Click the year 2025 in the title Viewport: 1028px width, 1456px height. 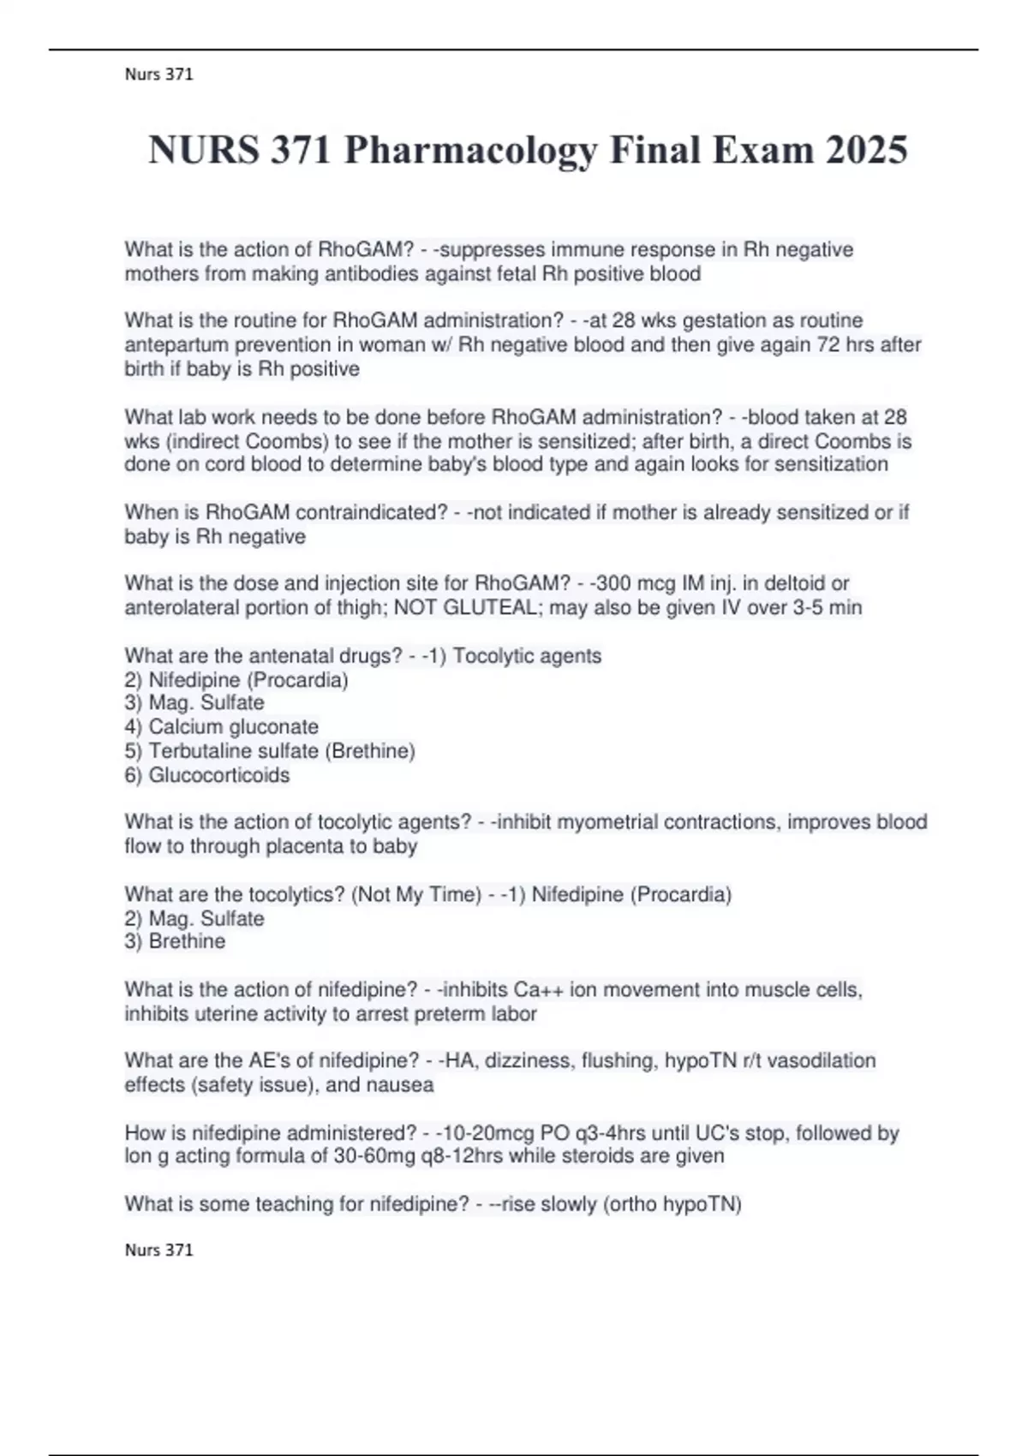point(866,150)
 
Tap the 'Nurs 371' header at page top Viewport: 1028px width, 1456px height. point(158,75)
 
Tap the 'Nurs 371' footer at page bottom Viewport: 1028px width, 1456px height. point(158,1250)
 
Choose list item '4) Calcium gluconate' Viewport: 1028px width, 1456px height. point(221,727)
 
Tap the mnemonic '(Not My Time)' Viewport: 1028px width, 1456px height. point(415,895)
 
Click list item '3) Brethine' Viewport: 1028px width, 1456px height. point(175,941)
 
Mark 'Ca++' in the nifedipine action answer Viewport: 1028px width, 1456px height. point(538,990)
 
